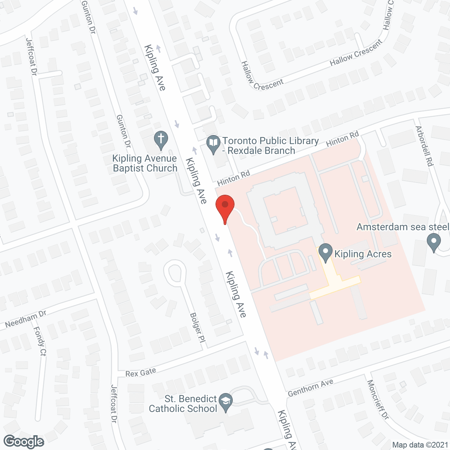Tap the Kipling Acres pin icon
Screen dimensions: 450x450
(x=325, y=252)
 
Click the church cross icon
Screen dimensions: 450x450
(x=161, y=140)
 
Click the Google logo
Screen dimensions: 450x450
(x=24, y=442)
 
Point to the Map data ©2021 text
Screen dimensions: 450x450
(x=420, y=445)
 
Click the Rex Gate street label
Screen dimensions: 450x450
(x=141, y=372)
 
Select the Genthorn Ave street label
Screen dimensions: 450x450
(x=310, y=388)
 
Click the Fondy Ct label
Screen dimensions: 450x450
(x=40, y=341)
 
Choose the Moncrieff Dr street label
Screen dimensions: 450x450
(x=378, y=399)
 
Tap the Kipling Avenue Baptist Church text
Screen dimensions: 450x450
(x=145, y=163)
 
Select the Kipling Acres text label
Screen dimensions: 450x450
(x=363, y=254)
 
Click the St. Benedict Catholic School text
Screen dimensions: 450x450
(x=183, y=404)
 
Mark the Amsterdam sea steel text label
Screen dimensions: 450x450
(x=403, y=227)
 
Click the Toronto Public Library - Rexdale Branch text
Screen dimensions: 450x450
(x=270, y=146)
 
